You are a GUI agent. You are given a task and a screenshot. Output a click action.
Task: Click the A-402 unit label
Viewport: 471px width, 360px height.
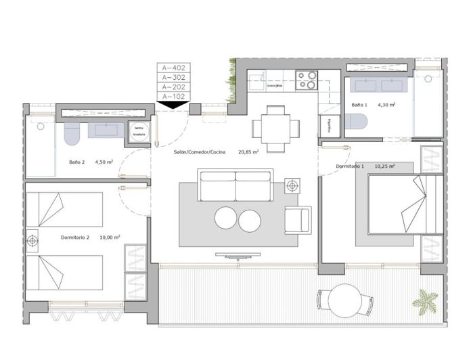point(173,68)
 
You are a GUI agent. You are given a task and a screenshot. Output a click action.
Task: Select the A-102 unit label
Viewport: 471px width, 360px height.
point(173,97)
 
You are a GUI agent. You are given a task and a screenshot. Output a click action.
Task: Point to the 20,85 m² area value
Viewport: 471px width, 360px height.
point(249,153)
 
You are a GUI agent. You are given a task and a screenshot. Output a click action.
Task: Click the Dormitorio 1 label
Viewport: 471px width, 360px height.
point(350,166)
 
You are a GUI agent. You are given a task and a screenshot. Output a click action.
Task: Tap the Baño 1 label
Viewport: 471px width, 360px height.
point(359,106)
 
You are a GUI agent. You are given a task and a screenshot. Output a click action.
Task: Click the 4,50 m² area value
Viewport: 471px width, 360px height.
point(104,162)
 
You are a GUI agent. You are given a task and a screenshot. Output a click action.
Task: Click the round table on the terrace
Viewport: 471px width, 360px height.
point(345,300)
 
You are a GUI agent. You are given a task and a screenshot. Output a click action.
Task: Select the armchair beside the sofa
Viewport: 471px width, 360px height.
point(297,220)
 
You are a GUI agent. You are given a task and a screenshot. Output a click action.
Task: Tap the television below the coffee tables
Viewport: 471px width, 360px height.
point(238,255)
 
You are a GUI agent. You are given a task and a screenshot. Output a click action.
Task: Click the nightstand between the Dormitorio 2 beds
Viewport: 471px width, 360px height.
point(32,239)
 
